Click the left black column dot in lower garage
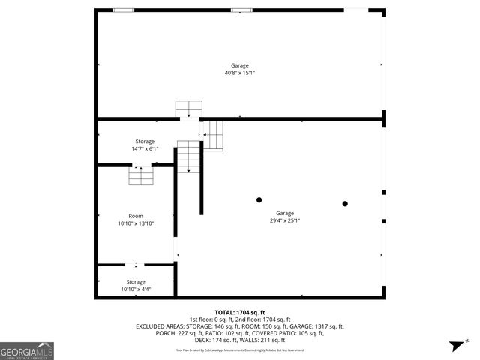(259, 199)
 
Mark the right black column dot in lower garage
(345, 203)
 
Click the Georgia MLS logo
(27, 350)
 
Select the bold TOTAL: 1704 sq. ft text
(240, 312)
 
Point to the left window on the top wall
(123, 10)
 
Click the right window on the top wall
(241, 10)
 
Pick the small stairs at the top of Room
(140, 176)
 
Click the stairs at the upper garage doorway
(188, 109)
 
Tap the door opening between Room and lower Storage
(136, 264)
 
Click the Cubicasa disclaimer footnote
(240, 349)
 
